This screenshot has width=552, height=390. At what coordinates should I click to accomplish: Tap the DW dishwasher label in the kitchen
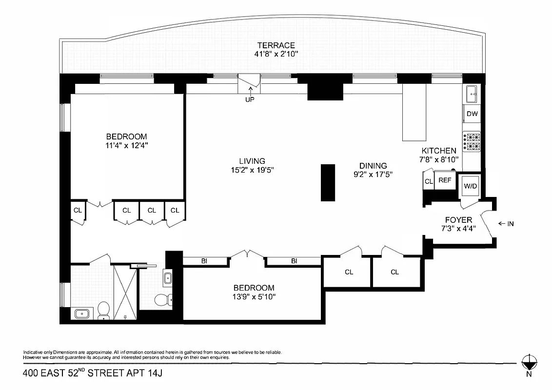472,114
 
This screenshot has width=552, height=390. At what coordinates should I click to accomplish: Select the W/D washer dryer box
470,186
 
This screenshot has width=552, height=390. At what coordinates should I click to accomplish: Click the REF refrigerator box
444,180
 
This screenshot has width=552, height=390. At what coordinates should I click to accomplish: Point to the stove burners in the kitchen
471,141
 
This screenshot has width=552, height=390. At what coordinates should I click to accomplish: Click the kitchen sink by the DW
471,93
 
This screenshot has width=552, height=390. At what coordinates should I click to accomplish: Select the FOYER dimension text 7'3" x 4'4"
458,228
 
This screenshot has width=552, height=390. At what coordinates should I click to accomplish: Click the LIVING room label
252,161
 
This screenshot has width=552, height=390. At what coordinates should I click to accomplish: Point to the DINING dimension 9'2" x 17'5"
373,174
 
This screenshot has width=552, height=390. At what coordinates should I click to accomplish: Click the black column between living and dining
328,183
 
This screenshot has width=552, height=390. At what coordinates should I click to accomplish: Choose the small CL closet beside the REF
428,181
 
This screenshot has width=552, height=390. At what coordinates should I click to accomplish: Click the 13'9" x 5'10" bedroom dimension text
253,296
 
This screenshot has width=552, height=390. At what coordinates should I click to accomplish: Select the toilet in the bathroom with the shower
103,310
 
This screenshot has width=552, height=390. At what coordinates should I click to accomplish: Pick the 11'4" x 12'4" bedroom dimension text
126,145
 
